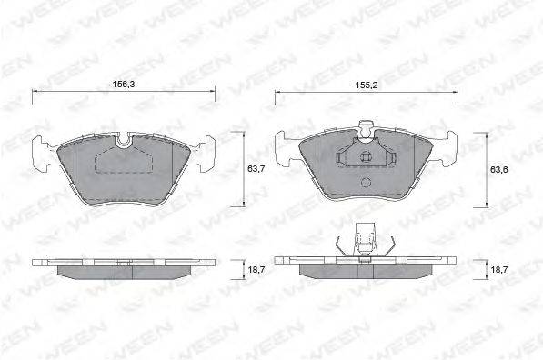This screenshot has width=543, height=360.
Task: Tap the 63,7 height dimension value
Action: [x=256, y=169]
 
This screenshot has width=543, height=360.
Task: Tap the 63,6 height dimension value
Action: [x=498, y=169]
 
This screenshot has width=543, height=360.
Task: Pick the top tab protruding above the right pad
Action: [x=366, y=128]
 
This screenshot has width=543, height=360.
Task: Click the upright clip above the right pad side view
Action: [x=366, y=238]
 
